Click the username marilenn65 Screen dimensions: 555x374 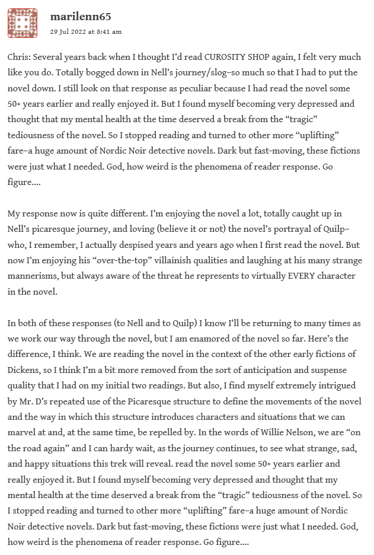[81, 17]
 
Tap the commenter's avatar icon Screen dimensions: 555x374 [23, 23]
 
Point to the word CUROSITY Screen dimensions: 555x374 [225, 58]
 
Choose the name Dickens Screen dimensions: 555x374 [25, 369]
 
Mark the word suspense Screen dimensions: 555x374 [323, 369]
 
